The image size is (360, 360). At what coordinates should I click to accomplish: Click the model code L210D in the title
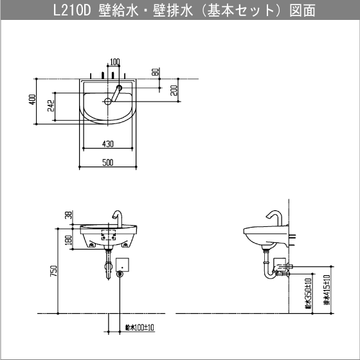point(76,10)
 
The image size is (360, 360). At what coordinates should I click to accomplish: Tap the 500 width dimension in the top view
point(107,162)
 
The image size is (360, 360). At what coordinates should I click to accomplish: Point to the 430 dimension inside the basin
point(107,143)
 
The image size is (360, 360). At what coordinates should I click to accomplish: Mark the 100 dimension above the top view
point(114,62)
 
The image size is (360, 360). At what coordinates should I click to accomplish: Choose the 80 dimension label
point(156,72)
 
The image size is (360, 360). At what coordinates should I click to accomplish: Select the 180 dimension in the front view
point(68,240)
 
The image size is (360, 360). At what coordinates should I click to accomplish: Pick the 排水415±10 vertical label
point(326,292)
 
